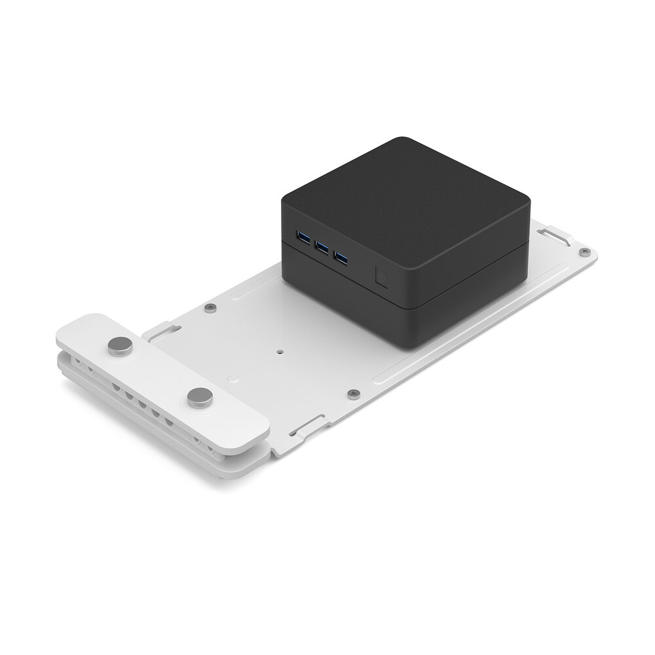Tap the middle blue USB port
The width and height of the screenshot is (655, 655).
(x=321, y=247)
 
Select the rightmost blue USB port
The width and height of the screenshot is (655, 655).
(x=341, y=257)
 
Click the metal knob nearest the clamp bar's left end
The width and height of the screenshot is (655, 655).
(x=119, y=345)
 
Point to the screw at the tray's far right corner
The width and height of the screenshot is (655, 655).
(x=586, y=252)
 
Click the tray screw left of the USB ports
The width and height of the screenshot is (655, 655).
(x=209, y=307)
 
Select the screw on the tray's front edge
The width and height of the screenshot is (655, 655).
(x=354, y=393)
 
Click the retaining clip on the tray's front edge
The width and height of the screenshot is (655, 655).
(x=305, y=428)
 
